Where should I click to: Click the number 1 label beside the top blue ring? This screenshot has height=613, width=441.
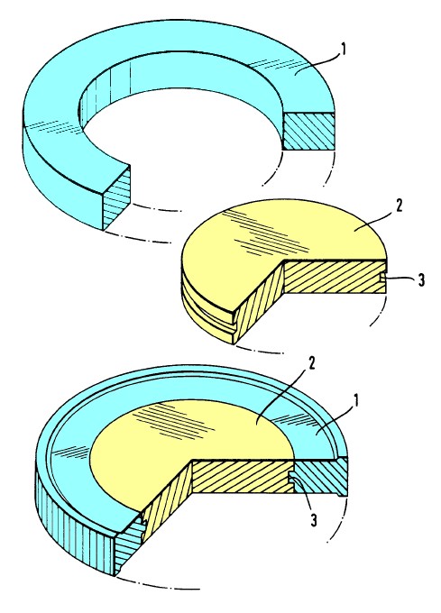click(x=344, y=51)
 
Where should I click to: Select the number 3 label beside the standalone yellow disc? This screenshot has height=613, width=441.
click(x=420, y=280)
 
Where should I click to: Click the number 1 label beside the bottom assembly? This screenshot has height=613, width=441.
click(x=355, y=401)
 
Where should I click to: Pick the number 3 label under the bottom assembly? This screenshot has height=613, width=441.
click(x=313, y=520)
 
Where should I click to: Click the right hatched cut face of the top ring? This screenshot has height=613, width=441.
click(x=308, y=131)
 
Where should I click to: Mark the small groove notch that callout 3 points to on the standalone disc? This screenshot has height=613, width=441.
click(x=382, y=277)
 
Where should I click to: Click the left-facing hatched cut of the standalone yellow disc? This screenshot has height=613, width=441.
click(x=258, y=302)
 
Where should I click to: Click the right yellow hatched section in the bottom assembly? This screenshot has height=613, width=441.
click(x=243, y=476)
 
